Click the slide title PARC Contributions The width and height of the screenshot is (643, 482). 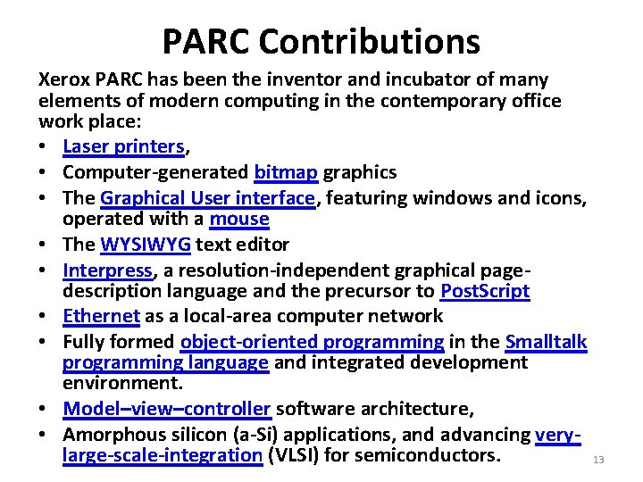pyautogui.click(x=321, y=41)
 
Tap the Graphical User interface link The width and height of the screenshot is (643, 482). pyautogui.click(x=208, y=197)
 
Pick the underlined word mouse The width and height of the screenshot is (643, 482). pyautogui.click(x=239, y=219)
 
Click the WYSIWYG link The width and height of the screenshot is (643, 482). pyautogui.click(x=146, y=245)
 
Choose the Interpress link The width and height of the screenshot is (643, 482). pyautogui.click(x=107, y=270)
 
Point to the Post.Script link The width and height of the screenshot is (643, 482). pyautogui.click(x=485, y=291)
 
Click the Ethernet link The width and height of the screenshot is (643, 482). pyautogui.click(x=101, y=316)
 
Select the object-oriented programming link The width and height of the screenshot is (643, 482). pyautogui.click(x=312, y=342)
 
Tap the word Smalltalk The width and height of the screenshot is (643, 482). pyautogui.click(x=546, y=342)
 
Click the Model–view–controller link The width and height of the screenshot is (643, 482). pyautogui.click(x=167, y=409)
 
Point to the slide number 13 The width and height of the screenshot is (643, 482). pyautogui.click(x=598, y=460)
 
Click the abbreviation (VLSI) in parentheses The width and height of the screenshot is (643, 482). pyautogui.click(x=295, y=456)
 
